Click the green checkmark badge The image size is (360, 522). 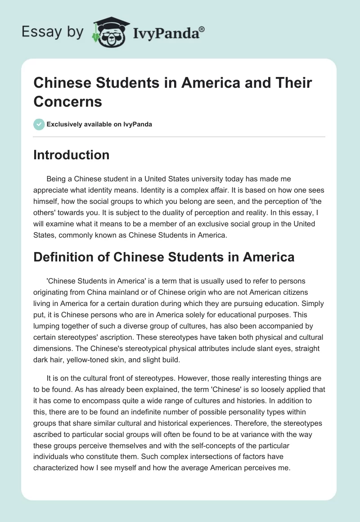point(40,124)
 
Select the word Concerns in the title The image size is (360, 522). point(68,102)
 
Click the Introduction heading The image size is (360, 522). point(72,155)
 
